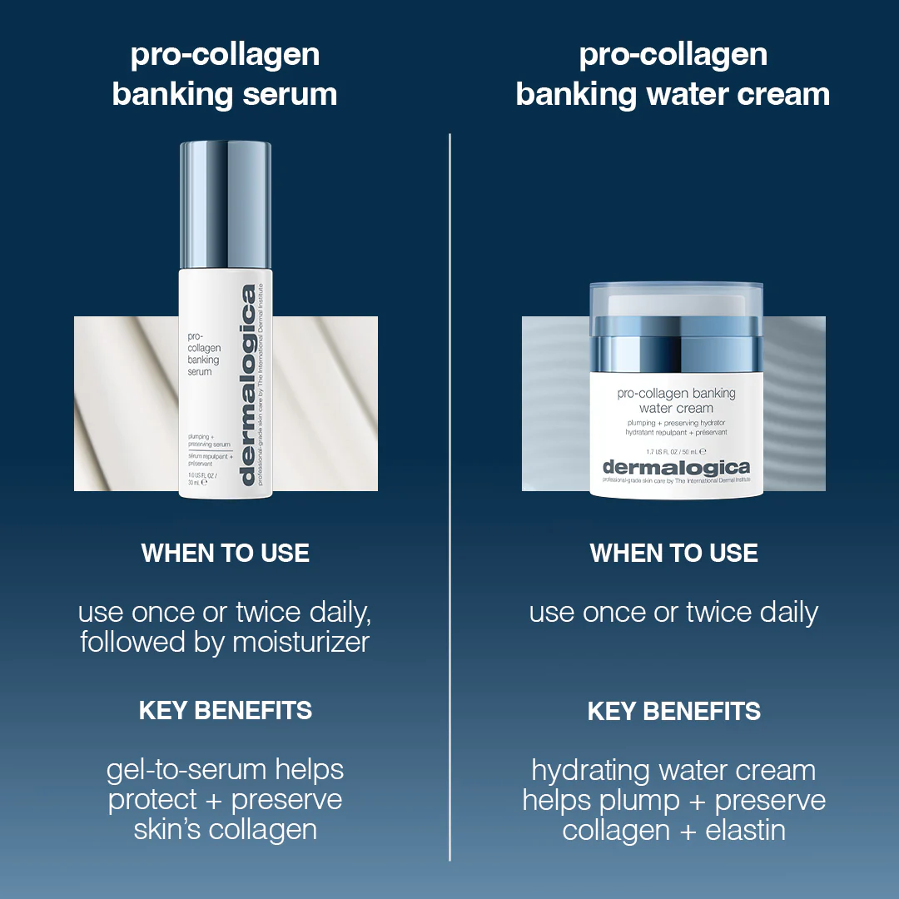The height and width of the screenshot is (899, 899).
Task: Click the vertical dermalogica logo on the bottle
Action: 248,385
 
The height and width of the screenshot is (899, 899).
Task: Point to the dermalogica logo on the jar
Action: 675,467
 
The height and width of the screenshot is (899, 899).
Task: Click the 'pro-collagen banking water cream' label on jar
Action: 676,400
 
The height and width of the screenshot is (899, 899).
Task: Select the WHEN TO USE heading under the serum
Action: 226,554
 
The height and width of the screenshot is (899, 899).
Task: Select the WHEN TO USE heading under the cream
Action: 673,554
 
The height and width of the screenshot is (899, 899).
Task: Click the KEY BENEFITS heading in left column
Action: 226,711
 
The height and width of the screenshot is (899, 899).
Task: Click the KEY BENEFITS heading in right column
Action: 673,712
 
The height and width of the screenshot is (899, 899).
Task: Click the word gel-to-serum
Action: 186,771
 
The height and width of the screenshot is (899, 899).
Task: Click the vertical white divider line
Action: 449,499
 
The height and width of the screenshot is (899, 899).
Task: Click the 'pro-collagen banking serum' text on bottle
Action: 204,355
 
